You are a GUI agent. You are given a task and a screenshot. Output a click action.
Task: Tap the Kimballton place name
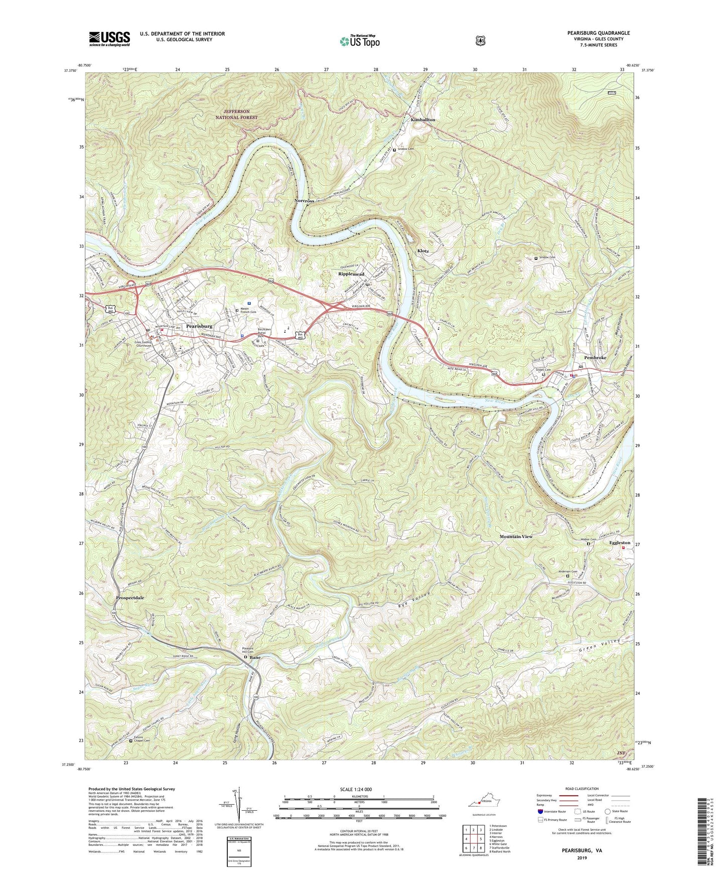coord(423,120)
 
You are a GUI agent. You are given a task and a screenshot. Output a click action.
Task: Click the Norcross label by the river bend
coord(305,201)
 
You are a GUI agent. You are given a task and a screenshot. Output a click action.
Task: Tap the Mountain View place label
coord(516,536)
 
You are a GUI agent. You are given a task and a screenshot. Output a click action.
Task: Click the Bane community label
coord(255,657)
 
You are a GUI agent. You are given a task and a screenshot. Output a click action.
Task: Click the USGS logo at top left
coord(109,38)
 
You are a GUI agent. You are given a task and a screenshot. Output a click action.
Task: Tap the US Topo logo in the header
coord(359,41)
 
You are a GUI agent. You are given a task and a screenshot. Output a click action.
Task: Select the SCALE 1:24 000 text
coord(359,790)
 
